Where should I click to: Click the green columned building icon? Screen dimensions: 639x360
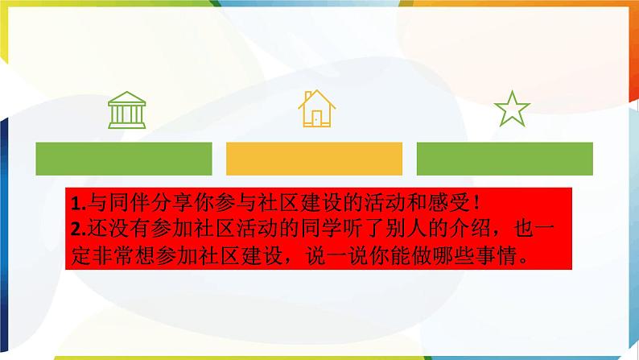coord(126,110)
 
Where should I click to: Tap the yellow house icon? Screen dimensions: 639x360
coord(316,109)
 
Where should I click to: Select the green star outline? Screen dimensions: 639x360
coord(512,110)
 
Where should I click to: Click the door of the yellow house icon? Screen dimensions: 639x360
coord(316,118)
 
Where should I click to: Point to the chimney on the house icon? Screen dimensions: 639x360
coord(308,96)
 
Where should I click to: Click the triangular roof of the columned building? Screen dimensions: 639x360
coord(126,97)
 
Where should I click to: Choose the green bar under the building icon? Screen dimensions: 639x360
coord(124,159)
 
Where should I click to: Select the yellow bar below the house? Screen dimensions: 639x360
coord(314,159)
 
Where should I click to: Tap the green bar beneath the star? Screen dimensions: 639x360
coord(505,159)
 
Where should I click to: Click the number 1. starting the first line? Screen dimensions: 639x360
coord(78,203)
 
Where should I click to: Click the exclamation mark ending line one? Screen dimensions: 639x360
coord(476,203)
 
